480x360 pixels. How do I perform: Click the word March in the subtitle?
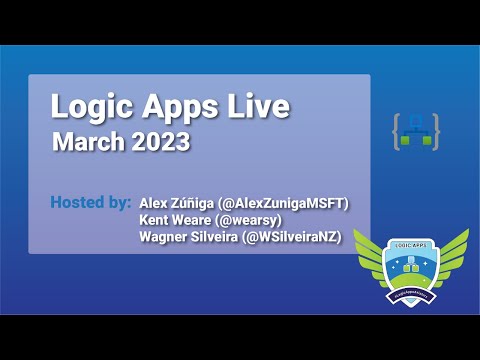[88, 141]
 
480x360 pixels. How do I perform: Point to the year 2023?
[159, 141]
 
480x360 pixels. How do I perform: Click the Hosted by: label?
[90, 203]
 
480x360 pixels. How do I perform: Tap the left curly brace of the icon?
[397, 131]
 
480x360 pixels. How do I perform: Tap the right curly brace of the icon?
[436, 131]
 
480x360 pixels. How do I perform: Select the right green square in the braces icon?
[426, 141]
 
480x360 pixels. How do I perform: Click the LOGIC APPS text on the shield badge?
[411, 245]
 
